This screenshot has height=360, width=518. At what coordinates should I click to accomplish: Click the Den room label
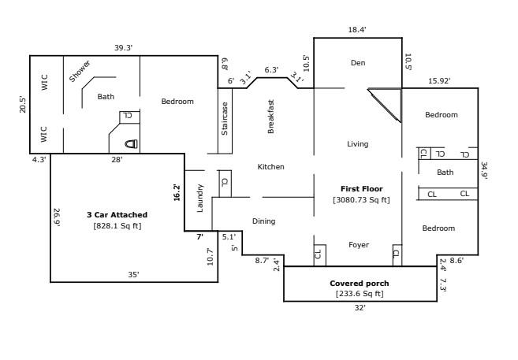pos(358,63)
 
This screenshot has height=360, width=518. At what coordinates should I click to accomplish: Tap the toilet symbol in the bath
pos(132,144)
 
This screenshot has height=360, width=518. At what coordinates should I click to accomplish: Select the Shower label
pos(80,71)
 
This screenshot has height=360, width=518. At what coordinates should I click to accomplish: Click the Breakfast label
pos(270,117)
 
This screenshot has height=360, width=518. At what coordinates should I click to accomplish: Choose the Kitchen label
pos(270,167)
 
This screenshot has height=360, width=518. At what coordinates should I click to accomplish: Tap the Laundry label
pos(200,198)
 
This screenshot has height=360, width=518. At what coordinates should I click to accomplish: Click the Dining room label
pos(263,221)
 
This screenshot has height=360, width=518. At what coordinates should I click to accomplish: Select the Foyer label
pos(359,245)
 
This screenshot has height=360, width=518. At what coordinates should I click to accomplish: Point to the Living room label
pos(357,144)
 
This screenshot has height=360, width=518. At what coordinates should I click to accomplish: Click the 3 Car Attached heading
pos(117,214)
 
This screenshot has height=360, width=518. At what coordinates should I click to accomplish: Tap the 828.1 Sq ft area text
pos(117,226)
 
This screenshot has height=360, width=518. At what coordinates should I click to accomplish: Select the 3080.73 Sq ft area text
pos(361,200)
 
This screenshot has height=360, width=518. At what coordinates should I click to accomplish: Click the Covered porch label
pos(359,283)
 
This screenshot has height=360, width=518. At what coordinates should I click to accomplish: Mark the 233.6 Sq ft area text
pos(359,294)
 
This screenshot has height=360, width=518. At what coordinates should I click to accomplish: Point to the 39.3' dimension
pos(123,48)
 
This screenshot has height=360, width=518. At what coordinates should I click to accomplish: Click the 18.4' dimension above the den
pos(357,29)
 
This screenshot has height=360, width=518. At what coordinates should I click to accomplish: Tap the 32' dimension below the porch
pos(360,309)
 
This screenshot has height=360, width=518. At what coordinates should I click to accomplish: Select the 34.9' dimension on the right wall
pos(484,171)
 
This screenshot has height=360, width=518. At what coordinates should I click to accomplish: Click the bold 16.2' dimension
pos(177,193)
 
